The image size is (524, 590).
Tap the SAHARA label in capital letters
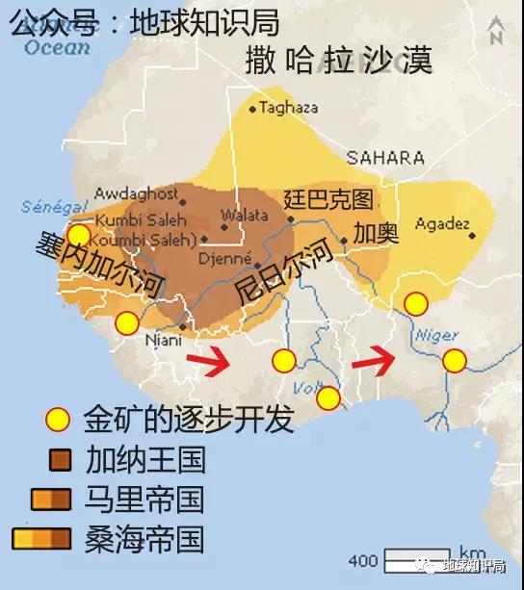coord(385,157)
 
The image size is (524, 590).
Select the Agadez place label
coord(442,223)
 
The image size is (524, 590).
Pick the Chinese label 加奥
coord(375,234)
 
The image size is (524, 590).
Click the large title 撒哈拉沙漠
coord(338,60)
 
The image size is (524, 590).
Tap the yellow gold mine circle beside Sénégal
coord(79,235)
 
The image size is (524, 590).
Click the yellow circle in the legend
coord(59,420)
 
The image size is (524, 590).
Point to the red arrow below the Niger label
coord(374,363)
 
